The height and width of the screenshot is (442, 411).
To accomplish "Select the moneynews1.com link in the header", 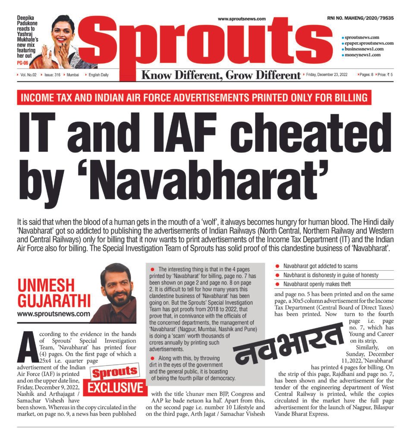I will point(362,55).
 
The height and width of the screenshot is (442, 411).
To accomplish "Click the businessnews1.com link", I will point(364,49).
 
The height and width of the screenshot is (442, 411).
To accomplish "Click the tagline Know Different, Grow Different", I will point(221,76).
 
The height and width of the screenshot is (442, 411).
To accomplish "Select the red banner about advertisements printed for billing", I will point(194,98).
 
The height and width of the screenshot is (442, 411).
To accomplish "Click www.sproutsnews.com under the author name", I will point(54,314).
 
